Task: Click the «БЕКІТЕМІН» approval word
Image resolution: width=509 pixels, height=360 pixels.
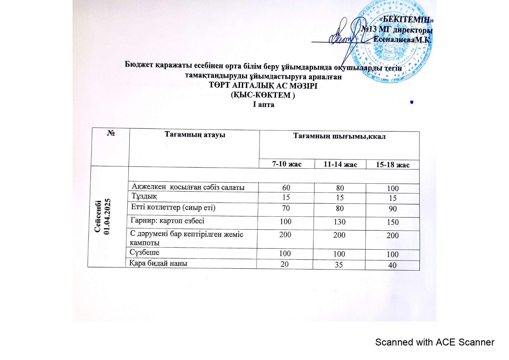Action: coord(406,19)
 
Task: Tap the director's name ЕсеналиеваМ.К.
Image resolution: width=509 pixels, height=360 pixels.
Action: coord(402,40)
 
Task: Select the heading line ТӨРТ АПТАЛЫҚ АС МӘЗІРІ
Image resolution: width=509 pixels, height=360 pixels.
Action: coord(263,86)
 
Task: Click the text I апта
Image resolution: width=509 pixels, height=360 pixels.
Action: coord(263,104)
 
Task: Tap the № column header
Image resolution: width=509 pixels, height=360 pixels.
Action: coord(111,133)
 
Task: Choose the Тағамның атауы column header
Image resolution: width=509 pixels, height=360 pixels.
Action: coord(195,135)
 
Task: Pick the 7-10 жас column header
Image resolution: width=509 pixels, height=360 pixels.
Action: coord(287,164)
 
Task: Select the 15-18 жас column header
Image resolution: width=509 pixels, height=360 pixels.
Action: coord(393,165)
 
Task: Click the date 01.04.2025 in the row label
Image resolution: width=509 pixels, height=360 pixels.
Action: coord(107,216)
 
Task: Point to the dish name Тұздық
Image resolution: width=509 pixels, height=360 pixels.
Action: coord(144,196)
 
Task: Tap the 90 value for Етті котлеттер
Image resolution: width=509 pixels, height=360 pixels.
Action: coord(393,209)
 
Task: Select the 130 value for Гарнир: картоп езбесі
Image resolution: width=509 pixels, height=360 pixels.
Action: coord(340,222)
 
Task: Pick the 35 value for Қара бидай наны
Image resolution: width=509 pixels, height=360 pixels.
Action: coord(339,265)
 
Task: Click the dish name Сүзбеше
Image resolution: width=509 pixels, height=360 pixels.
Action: coord(145,252)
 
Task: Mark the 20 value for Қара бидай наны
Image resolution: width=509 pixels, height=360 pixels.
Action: coord(285,264)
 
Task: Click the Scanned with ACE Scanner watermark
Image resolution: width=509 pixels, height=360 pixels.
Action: coord(434,342)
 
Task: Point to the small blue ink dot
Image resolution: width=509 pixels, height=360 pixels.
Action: coord(411,102)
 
